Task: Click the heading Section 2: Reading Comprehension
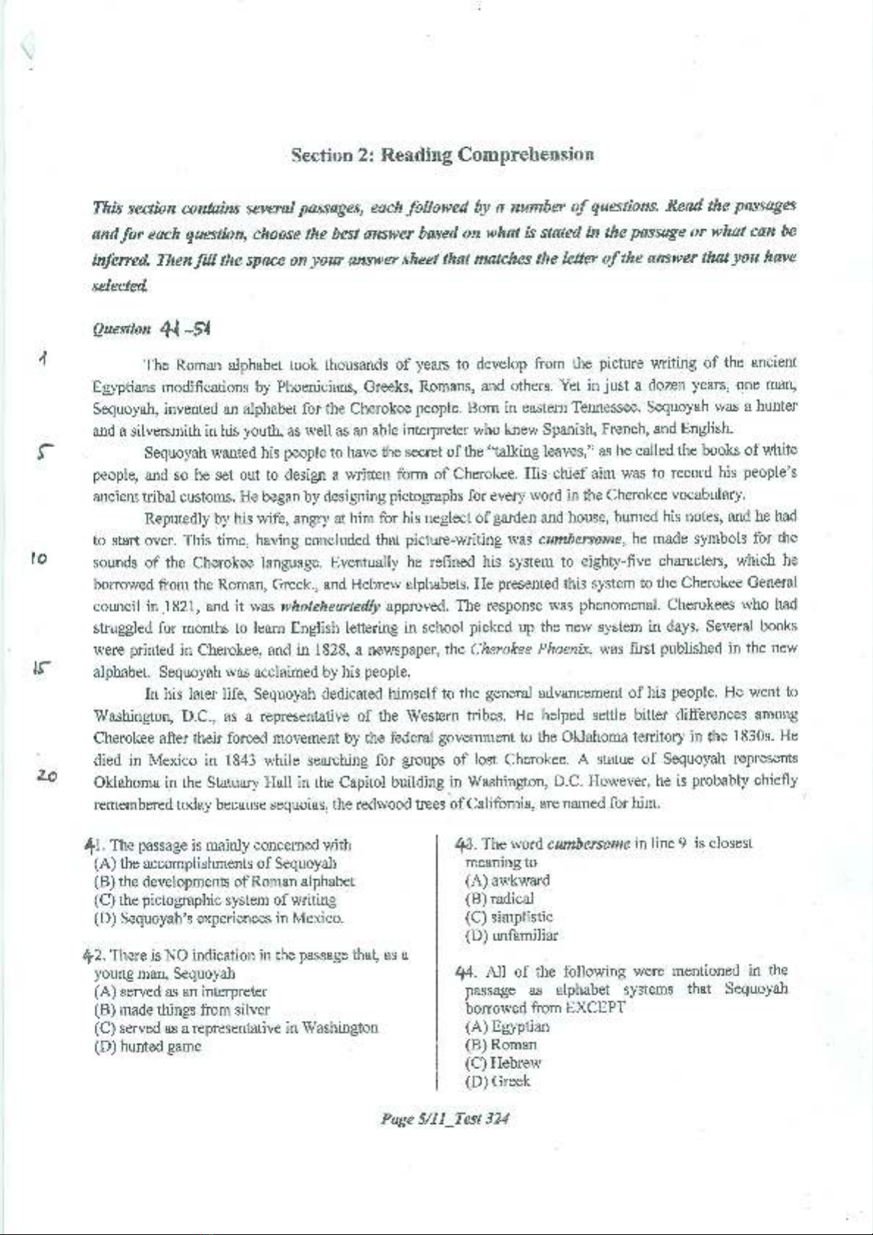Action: point(442,155)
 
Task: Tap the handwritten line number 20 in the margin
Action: point(47,776)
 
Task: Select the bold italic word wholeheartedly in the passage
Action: point(330,607)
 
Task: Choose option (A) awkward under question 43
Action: point(507,880)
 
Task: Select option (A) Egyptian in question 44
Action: point(507,1026)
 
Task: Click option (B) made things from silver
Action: point(182,1009)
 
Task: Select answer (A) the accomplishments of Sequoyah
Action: point(216,863)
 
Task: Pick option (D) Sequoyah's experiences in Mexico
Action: point(219,918)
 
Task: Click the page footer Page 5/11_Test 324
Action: point(444,1119)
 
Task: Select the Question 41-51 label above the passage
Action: point(152,329)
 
